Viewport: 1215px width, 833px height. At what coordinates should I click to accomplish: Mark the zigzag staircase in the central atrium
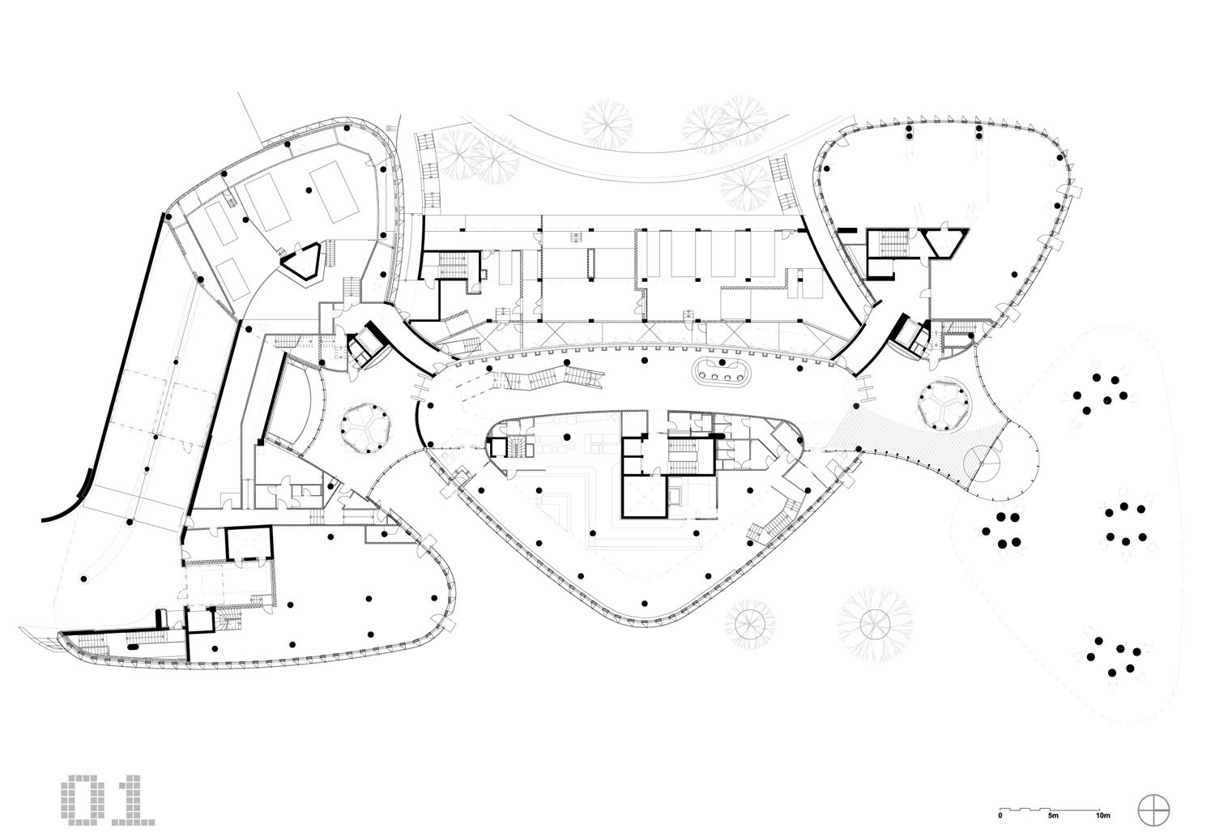tap(551, 377)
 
